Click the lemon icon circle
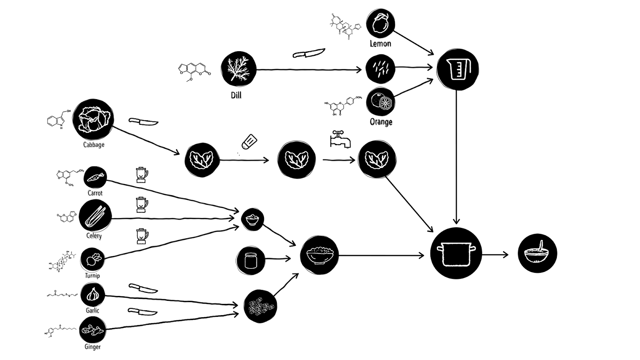click(x=380, y=24)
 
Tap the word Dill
click(x=236, y=95)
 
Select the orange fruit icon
click(x=380, y=102)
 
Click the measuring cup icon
click(x=457, y=69)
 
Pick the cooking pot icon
click(x=456, y=253)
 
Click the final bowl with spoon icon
click(x=537, y=253)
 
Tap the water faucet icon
click(x=340, y=139)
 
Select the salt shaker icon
click(x=248, y=142)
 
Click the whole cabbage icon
click(x=93, y=119)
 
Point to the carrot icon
click(x=95, y=177)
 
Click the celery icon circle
click(x=95, y=216)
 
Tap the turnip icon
click(x=92, y=260)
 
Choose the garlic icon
click(x=92, y=295)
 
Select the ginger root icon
click(x=92, y=330)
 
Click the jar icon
click(x=250, y=260)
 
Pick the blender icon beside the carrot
click(x=141, y=175)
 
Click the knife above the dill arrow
click(x=308, y=53)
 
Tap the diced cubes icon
click(x=260, y=306)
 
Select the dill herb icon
click(x=238, y=68)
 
